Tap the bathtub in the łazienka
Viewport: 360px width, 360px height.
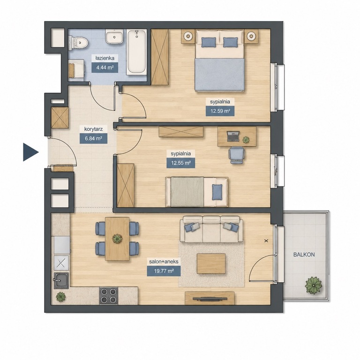[x=136, y=52]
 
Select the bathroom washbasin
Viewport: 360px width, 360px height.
[x=114, y=37]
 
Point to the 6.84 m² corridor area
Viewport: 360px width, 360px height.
[x=93, y=138]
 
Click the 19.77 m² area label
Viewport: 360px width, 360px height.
[x=164, y=271]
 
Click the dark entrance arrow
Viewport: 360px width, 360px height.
[x=30, y=152]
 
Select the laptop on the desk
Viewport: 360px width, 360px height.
[x=233, y=136]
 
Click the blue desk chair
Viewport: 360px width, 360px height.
[x=237, y=155]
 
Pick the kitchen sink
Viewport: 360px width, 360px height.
[x=61, y=281]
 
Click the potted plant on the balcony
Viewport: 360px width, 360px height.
[x=314, y=285]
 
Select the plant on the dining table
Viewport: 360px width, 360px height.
[x=117, y=239]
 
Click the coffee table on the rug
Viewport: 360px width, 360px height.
[x=211, y=263]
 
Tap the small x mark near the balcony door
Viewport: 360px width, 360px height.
[x=266, y=241]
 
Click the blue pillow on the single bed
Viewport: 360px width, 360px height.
[x=217, y=192]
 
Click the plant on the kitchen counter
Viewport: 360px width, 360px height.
[x=60, y=297]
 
